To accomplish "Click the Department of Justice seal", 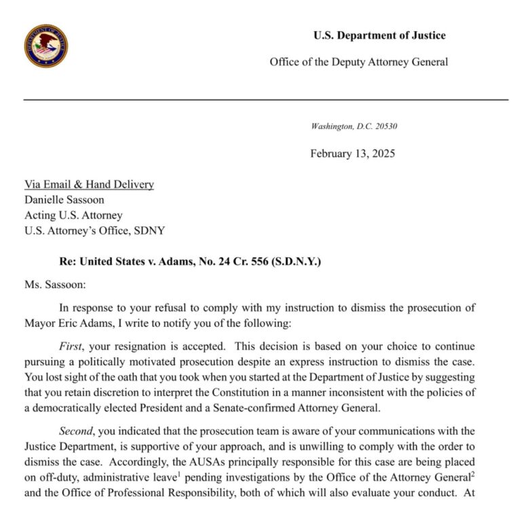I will tap(46, 46).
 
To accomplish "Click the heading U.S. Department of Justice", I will tap(379, 35).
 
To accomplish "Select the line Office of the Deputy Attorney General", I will tap(358, 62).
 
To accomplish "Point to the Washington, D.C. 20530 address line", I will tap(358, 126).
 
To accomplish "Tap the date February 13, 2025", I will tap(352, 153).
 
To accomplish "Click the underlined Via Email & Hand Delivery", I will tap(89, 184).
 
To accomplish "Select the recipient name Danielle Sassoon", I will tap(64, 200).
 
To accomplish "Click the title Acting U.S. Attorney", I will tap(73, 215).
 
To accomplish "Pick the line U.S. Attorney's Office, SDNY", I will tap(94, 231).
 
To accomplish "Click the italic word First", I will tap(72, 346).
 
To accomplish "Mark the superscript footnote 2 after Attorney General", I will tap(472, 473).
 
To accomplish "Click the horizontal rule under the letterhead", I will tap(266, 100).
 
